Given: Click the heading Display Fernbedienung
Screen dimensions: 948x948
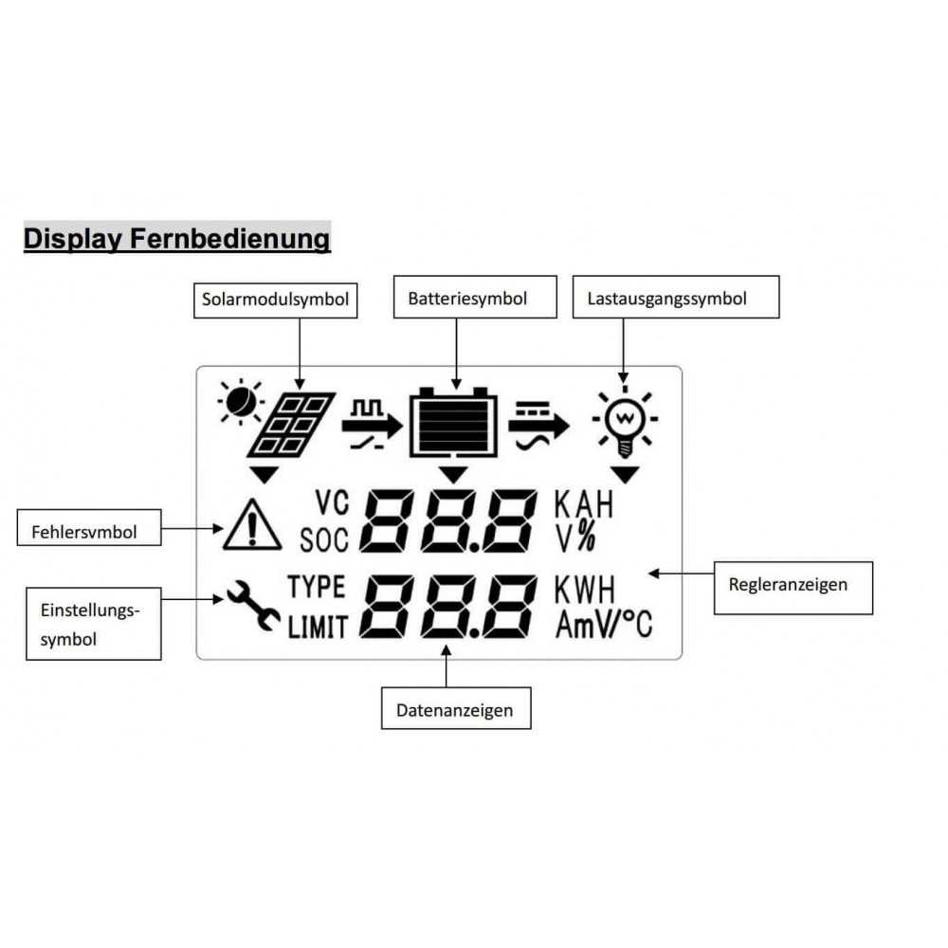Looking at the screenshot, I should coord(176,238).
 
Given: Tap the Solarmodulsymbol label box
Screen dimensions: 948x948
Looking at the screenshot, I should coord(275,300).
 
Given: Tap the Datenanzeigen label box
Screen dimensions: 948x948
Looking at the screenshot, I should coord(456,709).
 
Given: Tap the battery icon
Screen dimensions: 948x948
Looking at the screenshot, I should coord(454,423).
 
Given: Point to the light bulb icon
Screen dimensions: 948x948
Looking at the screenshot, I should coord(625,420).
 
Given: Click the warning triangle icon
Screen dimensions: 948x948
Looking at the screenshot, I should coord(252,524).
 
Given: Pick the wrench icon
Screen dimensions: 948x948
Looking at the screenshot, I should coord(251,605).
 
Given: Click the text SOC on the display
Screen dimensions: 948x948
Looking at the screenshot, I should coord(324,540).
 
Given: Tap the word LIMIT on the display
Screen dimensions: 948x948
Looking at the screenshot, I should coord(319,627).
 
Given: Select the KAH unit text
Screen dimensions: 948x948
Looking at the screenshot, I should coord(584,504).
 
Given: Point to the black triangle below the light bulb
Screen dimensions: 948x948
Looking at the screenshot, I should coord(625,473).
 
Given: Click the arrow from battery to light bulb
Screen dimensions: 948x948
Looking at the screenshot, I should coord(539,422).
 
